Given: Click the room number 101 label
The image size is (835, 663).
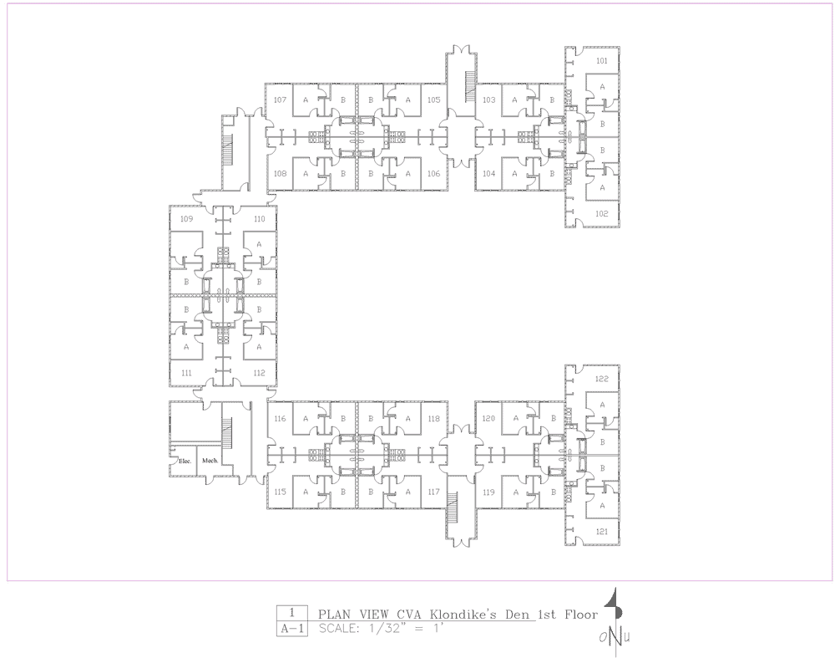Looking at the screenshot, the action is click(602, 61).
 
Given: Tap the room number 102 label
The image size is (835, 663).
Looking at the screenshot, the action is click(602, 214).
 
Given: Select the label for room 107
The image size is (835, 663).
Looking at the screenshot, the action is click(280, 99).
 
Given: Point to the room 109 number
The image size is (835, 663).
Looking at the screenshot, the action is click(186, 219).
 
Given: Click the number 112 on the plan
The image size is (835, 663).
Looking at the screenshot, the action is click(260, 373).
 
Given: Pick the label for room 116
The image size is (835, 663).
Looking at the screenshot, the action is click(280, 419).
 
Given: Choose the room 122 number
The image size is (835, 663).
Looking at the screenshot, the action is click(602, 379).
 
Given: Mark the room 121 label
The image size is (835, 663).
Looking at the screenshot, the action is click(602, 532).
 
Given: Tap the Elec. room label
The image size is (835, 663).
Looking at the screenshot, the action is click(185, 461).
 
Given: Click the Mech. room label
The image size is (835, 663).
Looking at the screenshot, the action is click(210, 461).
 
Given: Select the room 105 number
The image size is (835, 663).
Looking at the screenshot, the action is click(434, 99).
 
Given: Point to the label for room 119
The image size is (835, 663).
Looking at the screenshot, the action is click(488, 492).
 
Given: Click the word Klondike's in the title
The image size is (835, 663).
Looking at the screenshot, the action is click(463, 615).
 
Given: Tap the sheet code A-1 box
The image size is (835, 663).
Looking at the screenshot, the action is click(292, 629).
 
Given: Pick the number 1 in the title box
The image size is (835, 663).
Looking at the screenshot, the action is click(291, 614).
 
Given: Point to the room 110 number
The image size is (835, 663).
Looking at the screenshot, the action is click(260, 219).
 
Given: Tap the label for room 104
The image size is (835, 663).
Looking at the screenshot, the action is click(488, 173).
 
